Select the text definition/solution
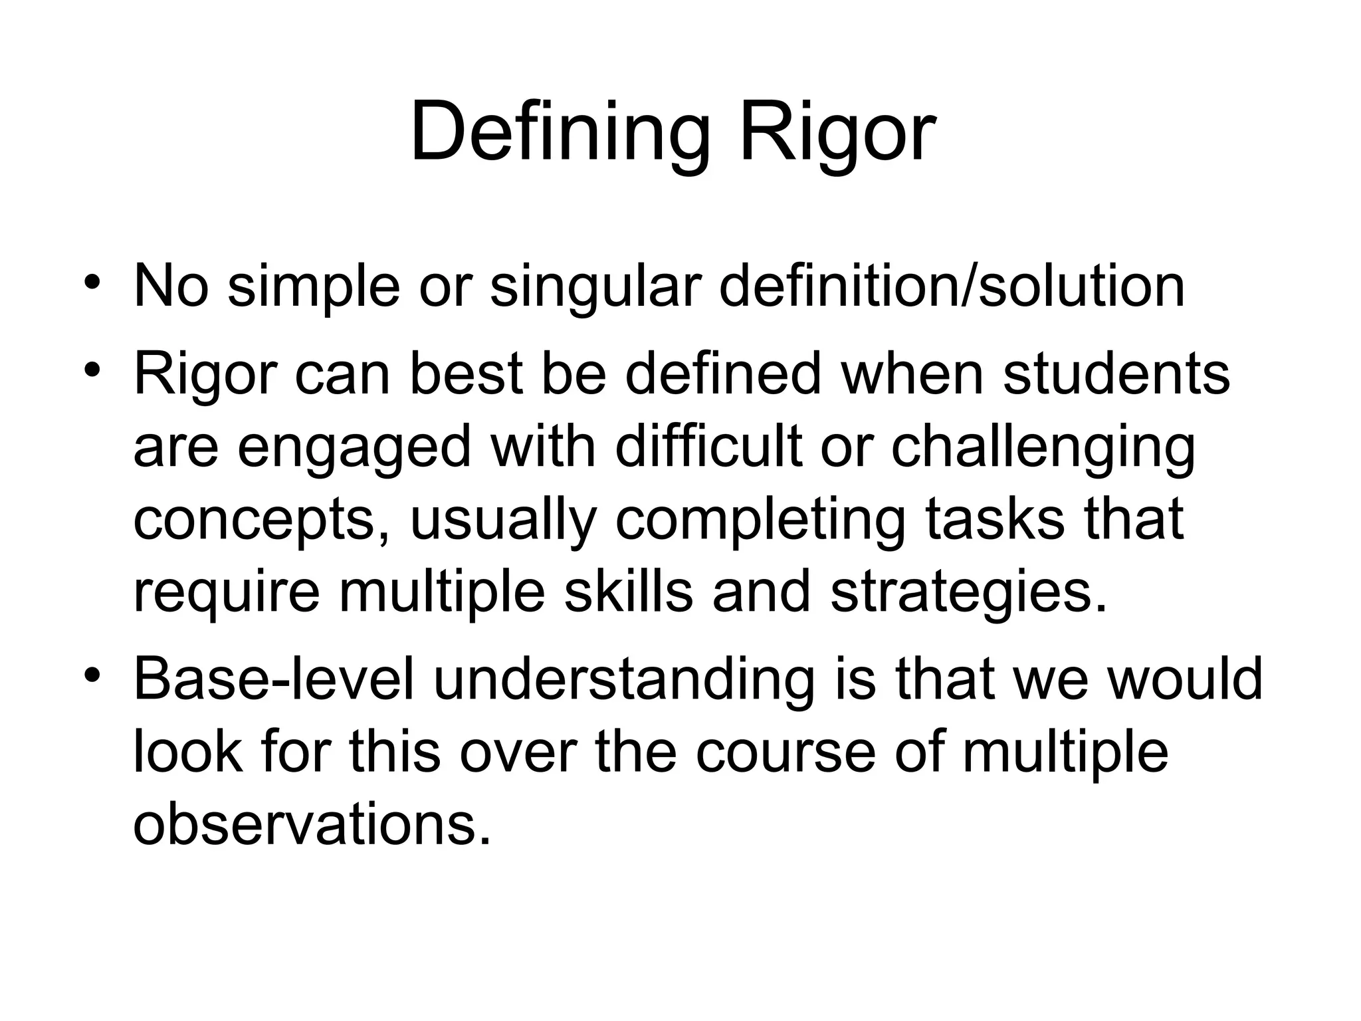point(952,287)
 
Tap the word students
point(1116,374)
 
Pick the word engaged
point(354,447)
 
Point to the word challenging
point(1043,447)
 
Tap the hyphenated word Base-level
point(274,680)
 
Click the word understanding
point(624,680)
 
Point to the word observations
point(312,826)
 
